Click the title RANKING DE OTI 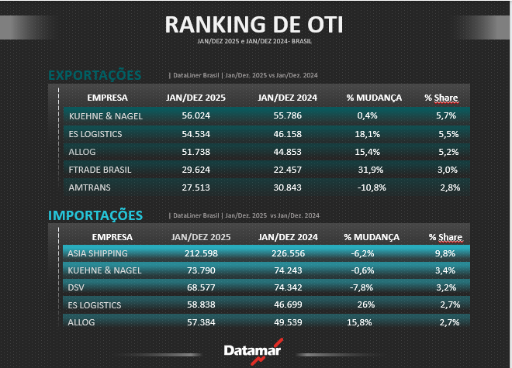[254, 23]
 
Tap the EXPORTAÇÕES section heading [95, 75]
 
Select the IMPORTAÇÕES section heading [95, 215]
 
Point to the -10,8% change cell [362, 187]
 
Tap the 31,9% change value [362, 169]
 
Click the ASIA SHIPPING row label [98, 253]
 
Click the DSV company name [77, 287]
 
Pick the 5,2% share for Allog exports [449, 151]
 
